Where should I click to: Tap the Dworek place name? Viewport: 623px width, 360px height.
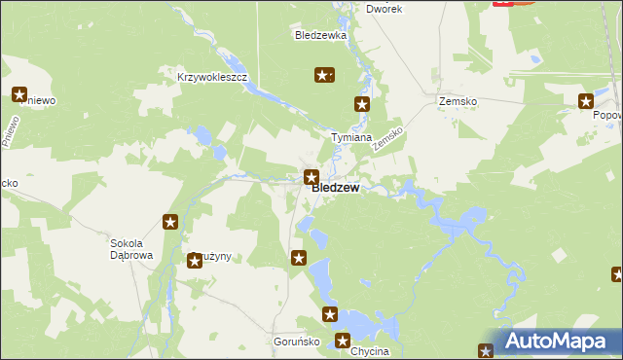[384, 8]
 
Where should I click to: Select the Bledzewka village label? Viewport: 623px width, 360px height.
[320, 35]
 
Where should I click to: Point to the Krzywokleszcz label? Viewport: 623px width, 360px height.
[213, 77]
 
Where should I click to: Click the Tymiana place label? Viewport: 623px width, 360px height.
[351, 138]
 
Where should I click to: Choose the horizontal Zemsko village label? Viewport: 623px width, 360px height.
[457, 101]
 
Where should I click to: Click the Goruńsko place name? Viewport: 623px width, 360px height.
[291, 343]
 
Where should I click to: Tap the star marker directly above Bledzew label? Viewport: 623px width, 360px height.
[311, 177]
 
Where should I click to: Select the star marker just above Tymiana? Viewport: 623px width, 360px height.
[362, 104]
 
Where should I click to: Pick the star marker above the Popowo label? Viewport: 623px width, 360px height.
[586, 100]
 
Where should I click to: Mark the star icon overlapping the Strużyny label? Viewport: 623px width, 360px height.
[195, 260]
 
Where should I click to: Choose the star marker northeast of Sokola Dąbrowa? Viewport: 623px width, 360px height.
[170, 223]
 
